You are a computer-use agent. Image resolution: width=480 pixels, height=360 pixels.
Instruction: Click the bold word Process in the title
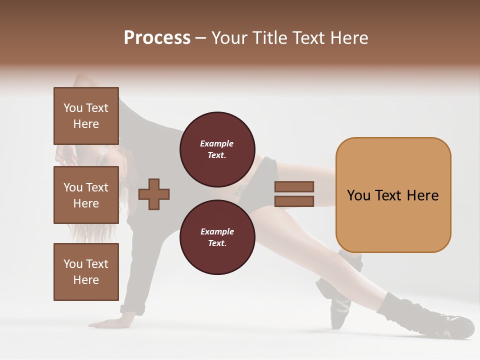point(157,38)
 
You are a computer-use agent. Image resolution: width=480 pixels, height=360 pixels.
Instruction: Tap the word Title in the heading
point(270,38)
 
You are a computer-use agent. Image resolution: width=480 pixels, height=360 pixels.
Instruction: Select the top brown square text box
point(86,116)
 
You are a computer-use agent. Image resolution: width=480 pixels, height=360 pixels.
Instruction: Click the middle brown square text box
point(86,195)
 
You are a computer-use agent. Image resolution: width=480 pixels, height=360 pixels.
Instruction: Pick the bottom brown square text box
point(86,272)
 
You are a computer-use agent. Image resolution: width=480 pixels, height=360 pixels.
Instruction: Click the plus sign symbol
point(154,193)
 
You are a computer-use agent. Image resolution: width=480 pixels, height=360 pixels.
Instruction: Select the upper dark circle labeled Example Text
point(217,149)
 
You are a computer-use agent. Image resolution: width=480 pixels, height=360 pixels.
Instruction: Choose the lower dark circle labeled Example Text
point(217,237)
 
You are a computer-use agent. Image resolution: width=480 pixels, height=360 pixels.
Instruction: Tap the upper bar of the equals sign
point(294,186)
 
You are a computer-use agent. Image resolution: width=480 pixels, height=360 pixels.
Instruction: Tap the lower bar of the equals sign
point(294,201)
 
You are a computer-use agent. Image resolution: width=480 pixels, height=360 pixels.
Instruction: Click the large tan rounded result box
point(393,195)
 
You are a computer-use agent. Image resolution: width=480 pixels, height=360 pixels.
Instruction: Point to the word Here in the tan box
point(422,195)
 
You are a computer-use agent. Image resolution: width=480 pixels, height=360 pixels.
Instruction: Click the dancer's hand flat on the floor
point(107,322)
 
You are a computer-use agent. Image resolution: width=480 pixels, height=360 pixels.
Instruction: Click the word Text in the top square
point(97,108)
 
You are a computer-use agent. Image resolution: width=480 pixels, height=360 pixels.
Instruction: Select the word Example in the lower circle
point(217,231)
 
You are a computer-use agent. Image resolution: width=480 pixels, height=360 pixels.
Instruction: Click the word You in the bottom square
point(73,264)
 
